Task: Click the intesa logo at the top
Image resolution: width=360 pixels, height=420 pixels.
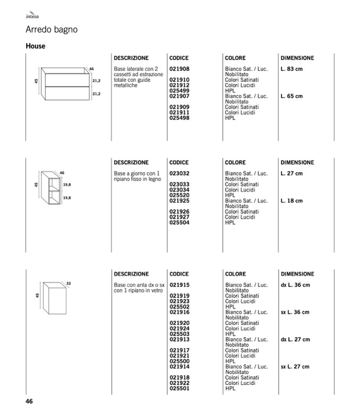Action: click(x=32, y=17)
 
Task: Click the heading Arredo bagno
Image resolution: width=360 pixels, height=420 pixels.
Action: click(x=52, y=30)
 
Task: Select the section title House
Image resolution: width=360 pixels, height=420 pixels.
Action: click(x=36, y=46)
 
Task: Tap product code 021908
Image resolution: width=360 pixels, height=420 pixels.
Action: click(x=179, y=69)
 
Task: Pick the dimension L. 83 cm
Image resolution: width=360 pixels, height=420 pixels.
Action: click(x=292, y=69)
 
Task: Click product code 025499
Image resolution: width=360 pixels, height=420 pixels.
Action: click(x=179, y=91)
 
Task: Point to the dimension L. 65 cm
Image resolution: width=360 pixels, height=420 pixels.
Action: click(x=292, y=96)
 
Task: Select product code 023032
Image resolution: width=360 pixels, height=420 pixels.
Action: click(x=179, y=174)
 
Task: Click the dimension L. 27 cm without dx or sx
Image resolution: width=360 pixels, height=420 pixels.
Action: click(x=292, y=174)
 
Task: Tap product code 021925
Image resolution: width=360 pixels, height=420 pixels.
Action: click(x=179, y=201)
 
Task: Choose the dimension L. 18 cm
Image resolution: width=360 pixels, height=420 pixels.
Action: click(x=292, y=201)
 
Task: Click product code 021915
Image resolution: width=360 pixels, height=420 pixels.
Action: click(x=179, y=285)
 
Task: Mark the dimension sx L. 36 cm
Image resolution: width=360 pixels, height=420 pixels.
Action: click(x=295, y=312)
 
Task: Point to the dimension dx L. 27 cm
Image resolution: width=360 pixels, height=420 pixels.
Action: click(x=295, y=339)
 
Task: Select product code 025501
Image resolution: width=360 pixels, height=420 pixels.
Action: click(x=179, y=388)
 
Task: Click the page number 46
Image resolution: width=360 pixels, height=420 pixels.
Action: click(x=30, y=401)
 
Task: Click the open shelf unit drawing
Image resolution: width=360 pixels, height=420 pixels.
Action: click(x=53, y=188)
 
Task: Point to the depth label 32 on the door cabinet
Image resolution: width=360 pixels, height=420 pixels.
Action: click(x=68, y=283)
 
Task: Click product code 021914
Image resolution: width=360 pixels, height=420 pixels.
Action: click(x=179, y=366)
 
